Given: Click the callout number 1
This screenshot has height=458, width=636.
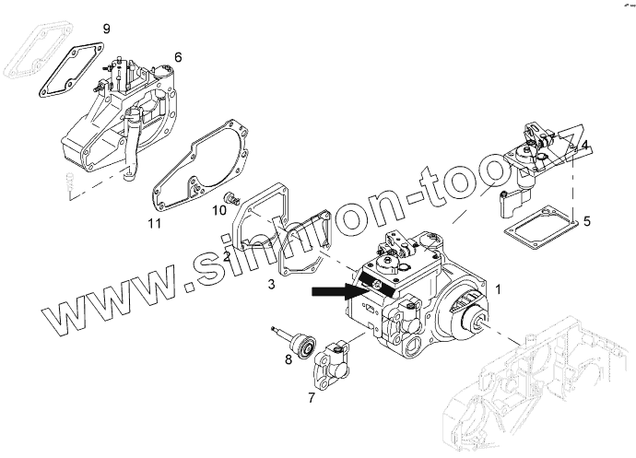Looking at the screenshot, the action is tap(499, 289).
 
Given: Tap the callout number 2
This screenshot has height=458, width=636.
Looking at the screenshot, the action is tap(227, 256).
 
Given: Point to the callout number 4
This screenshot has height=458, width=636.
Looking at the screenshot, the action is tap(585, 145).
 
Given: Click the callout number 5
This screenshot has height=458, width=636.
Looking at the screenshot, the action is tap(587, 221).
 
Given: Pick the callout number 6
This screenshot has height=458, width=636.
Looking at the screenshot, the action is tap(178, 57).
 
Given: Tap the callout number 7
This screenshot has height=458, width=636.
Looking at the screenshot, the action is tap(311, 398).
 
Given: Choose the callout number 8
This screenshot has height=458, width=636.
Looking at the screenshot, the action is tap(288, 358).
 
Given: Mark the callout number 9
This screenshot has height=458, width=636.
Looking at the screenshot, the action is tap(106, 29).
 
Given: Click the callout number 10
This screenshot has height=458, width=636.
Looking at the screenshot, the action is tap(219, 210).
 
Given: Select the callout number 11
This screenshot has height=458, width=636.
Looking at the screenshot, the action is tap(155, 223).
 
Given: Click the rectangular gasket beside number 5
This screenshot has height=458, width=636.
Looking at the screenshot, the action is tap(538, 229).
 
